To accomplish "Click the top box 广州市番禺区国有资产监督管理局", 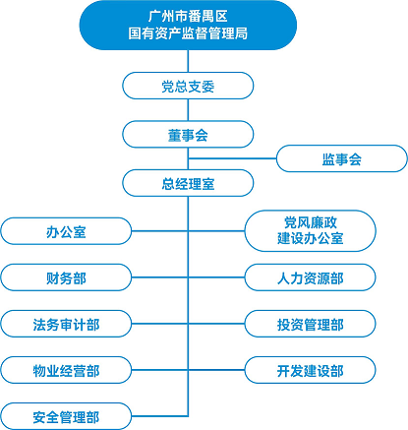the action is (188, 26).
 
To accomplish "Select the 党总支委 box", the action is (188, 86).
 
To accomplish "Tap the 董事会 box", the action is (188, 134).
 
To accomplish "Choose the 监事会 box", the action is (342, 158).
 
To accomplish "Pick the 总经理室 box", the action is (188, 183).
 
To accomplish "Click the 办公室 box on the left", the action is (66, 231).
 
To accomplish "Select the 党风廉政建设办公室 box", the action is (310, 231).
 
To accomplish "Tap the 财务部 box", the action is (66, 277).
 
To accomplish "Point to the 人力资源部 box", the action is (310, 277).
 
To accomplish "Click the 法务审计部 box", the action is (66, 324).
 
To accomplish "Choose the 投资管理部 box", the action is (310, 324).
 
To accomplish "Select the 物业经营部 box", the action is (66, 370).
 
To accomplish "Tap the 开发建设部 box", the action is (310, 370).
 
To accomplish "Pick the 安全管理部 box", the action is (66, 416).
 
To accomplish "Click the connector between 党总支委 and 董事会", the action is (188, 110).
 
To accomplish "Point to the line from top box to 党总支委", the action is (188, 61).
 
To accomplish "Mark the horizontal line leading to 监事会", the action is (232, 158).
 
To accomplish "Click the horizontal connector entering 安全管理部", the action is (159, 416).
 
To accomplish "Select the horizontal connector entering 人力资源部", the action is (216, 277).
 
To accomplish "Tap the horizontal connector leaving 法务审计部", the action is (159, 324).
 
